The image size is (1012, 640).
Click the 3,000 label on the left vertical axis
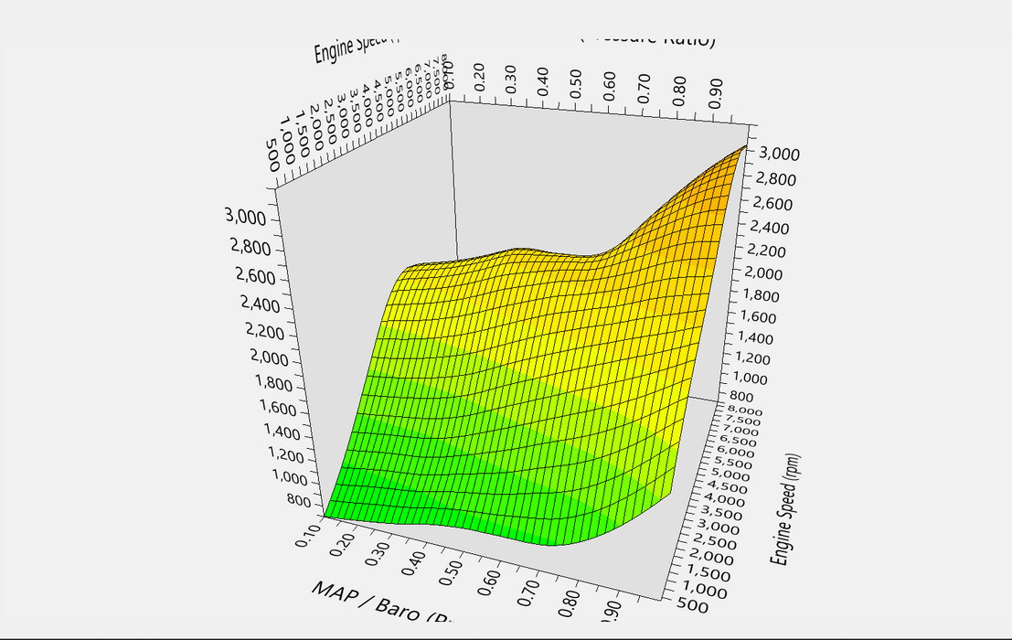coord(245,218)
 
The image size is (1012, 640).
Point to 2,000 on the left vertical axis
coord(269,358)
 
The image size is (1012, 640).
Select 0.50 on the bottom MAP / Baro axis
coord(449,568)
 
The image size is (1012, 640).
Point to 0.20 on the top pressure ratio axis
coord(477,80)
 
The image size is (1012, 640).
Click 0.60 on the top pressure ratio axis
coord(610,85)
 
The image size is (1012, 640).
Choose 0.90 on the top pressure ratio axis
coord(715,91)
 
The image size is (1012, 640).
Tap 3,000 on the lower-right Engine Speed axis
coord(720,528)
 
